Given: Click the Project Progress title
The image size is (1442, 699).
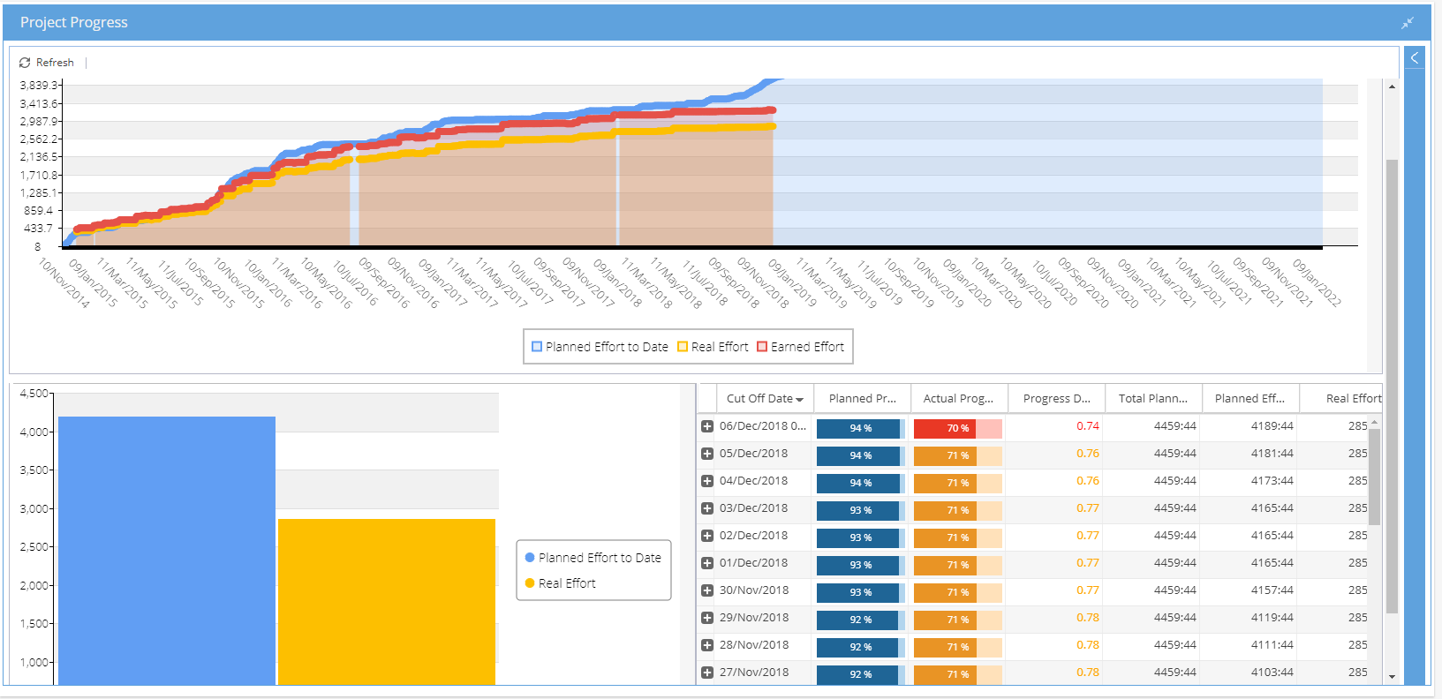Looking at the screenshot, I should click(x=74, y=22).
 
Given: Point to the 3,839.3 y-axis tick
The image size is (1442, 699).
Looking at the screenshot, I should click(x=39, y=86).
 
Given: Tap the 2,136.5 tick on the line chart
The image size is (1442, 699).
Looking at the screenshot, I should click(x=39, y=157).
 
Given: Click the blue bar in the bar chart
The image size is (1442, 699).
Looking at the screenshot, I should click(x=167, y=547).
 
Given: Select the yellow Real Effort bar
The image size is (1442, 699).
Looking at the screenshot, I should click(x=387, y=600).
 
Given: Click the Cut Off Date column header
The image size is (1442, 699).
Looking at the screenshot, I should click(x=759, y=399).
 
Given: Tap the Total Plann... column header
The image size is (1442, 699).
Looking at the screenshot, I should click(x=1152, y=399).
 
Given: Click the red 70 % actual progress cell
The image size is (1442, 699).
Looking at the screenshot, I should click(x=957, y=428).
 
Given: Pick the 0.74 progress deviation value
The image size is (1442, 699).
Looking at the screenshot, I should click(x=1087, y=426).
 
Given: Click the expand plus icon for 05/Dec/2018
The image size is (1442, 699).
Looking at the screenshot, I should click(x=707, y=454).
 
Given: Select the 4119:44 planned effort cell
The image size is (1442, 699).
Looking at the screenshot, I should click(x=1272, y=618).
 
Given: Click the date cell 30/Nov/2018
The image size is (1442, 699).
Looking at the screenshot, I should click(x=753, y=590).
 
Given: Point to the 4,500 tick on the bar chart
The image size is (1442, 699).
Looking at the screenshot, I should click(x=34, y=394).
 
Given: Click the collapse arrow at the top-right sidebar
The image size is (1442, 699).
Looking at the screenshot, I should click(x=1414, y=58).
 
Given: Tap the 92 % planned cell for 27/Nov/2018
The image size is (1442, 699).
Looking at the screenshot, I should click(x=860, y=674).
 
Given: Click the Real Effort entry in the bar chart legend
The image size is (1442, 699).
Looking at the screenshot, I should click(x=566, y=583).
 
